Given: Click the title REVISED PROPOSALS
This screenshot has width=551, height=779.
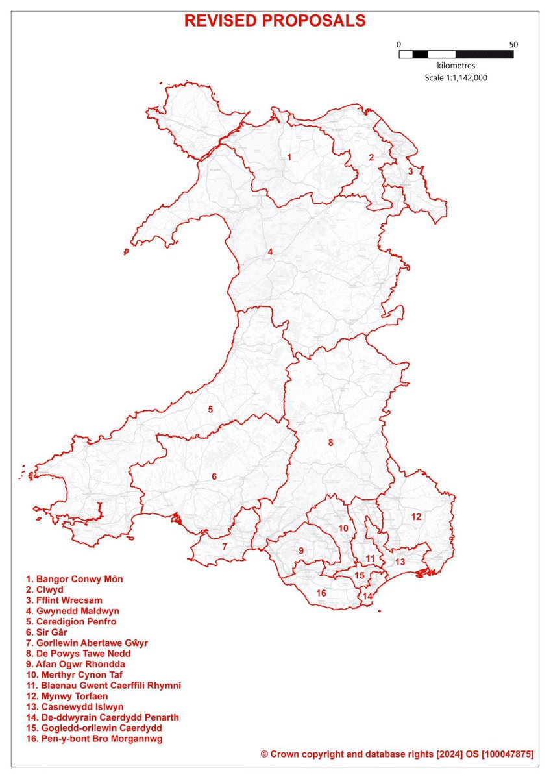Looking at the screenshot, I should pos(275,21).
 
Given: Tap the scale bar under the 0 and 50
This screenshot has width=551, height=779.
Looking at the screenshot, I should pos(456,55).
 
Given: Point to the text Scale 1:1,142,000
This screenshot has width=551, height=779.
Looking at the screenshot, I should pos(456,77).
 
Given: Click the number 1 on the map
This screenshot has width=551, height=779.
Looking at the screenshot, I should pos(289,157).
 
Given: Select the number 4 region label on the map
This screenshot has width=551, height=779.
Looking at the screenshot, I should pos(270,252).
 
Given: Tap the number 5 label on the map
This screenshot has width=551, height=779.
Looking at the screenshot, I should pos(210,409).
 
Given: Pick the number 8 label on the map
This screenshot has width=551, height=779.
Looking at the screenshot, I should pos(330,443).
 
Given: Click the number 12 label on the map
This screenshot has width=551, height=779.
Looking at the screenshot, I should pos(416,517).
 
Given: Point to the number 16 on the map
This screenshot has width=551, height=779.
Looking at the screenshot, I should pos(321,593).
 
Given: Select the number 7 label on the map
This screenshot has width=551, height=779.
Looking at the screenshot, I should pos(225,547).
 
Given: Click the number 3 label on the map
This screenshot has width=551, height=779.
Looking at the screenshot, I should pos(410,171).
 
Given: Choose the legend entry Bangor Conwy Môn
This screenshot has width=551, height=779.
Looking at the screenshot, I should pos(74,578).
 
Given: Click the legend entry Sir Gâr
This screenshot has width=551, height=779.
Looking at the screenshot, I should pos(47,632).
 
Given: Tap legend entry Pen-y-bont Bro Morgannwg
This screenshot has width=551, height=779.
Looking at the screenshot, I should pos(93,739).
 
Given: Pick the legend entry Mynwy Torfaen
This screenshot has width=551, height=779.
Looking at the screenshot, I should pos(66,696).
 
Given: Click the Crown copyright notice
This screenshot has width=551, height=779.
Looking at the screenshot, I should pos(397,754).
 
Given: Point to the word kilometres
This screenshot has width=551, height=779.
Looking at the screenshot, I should pos(456,66).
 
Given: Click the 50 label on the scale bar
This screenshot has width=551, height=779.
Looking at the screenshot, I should pos(513,44).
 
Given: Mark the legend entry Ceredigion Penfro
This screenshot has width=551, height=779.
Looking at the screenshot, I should pos(71,621).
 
